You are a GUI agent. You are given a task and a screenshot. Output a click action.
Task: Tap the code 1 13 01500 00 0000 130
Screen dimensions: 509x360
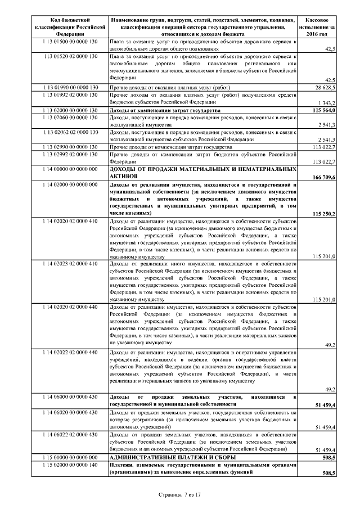[70, 42]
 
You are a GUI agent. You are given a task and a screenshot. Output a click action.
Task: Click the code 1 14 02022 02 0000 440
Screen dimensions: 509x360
[70, 352]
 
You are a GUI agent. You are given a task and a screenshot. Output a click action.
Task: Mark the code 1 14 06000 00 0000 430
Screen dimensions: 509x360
[70, 397]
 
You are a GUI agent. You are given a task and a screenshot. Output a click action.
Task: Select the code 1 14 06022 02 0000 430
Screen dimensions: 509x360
[70, 435]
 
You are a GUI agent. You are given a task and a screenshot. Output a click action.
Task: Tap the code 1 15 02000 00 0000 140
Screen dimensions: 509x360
[70, 465]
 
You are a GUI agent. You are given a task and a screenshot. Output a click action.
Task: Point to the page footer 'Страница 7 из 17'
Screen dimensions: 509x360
[180, 494]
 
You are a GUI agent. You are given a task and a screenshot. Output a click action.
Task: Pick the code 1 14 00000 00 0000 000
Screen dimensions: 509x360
[70, 169]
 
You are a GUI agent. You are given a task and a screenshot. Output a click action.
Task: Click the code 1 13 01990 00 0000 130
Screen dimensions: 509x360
[70, 89]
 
